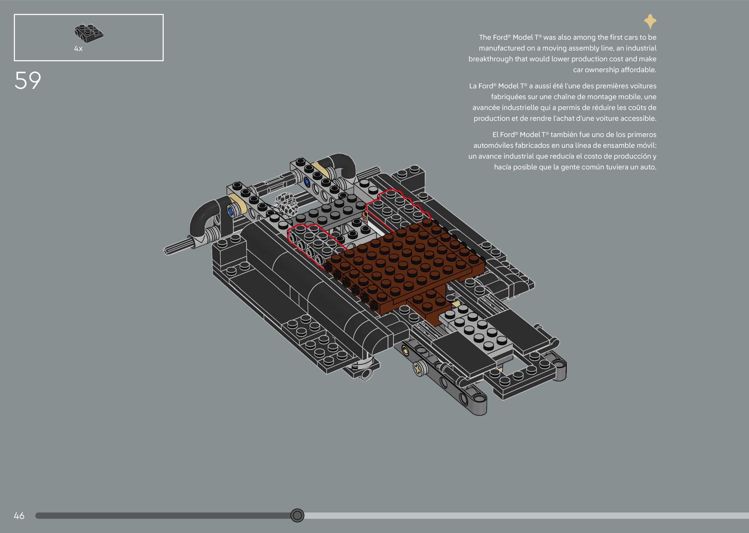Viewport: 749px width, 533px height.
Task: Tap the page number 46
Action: [19, 516]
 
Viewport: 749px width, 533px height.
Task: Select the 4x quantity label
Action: [78, 49]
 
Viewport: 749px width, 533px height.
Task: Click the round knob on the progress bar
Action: [297, 515]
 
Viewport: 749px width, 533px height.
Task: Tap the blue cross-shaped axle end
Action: [231, 211]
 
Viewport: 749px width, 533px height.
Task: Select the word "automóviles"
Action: [493, 145]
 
